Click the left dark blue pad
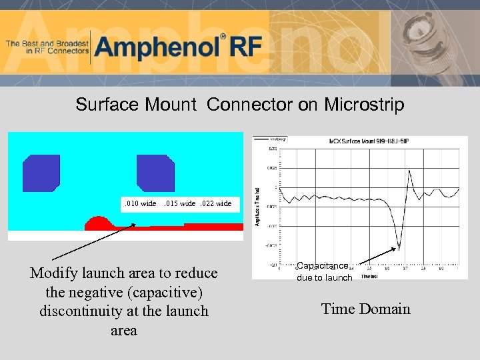pos(41,173)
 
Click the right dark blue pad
pos(155,173)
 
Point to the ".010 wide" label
pos(139,203)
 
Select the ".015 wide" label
pos(179,203)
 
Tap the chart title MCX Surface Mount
pos(361,141)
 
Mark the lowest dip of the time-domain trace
pos(399,249)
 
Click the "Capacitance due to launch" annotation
pos(324,272)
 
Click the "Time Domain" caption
pos(365,309)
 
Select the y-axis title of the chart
pos(258,206)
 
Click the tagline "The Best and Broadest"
pos(47,43)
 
